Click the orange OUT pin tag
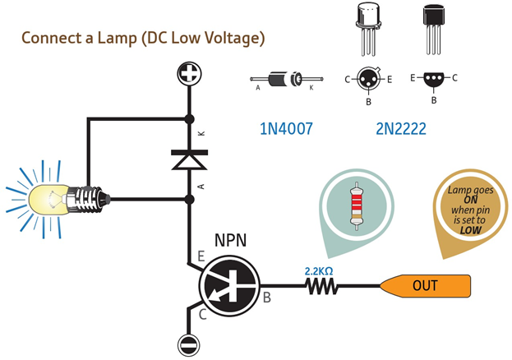point(426,286)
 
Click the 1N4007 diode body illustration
point(288,80)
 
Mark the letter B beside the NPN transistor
point(266,298)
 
